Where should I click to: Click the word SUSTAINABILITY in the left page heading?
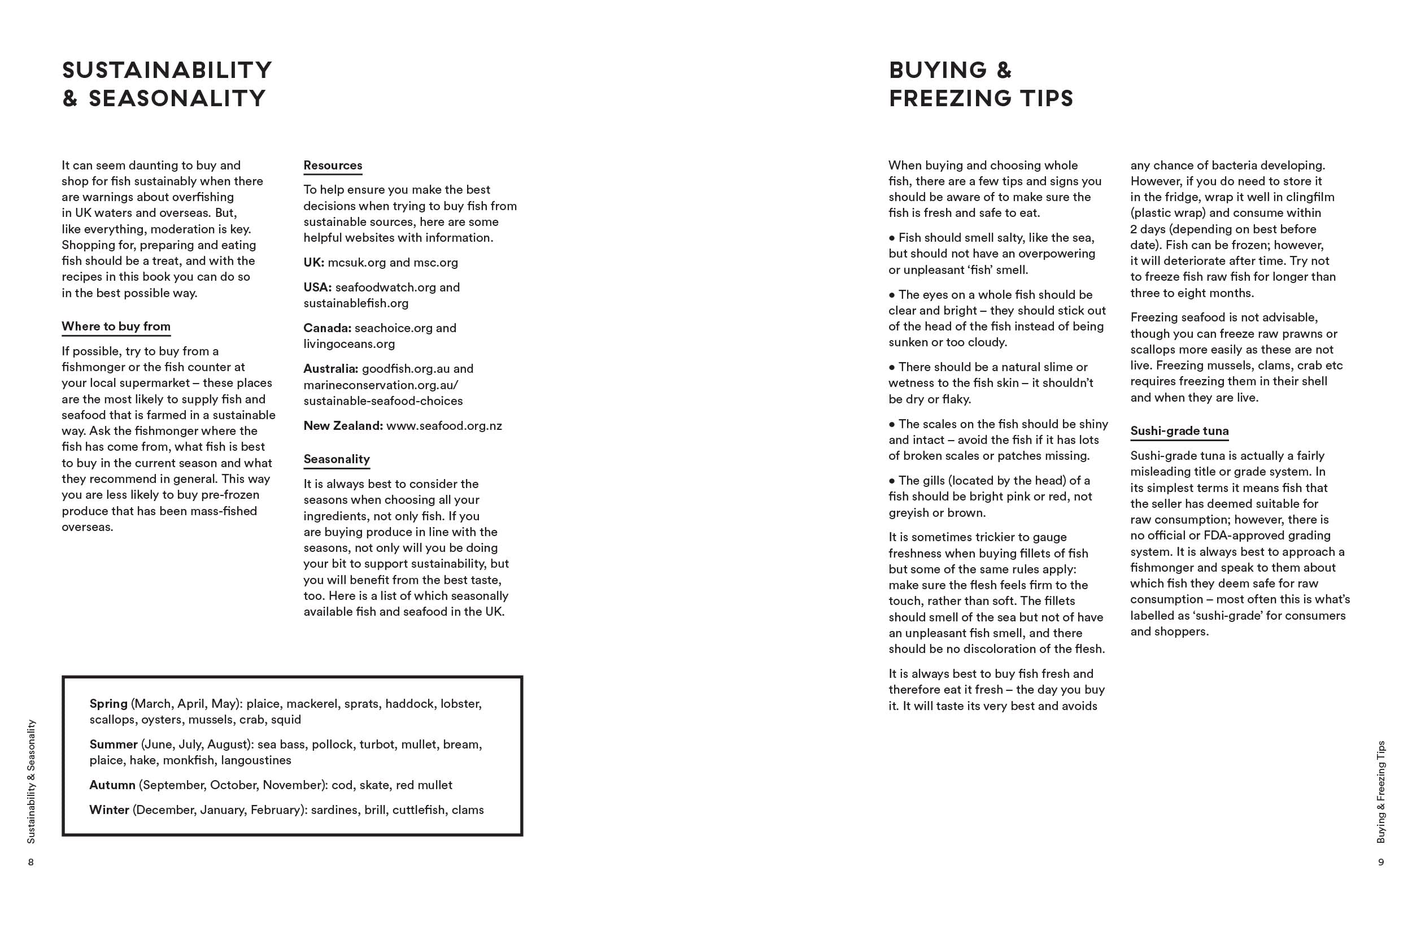167,70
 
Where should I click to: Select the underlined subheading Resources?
332,166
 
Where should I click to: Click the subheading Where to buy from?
116,327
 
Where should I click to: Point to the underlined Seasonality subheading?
337,459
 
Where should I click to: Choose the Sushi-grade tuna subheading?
1179,432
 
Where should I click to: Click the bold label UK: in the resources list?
313,262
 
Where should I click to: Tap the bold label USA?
317,287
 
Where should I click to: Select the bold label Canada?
327,328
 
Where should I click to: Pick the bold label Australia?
330,368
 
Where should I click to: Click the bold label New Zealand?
343,426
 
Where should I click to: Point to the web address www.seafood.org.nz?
444,426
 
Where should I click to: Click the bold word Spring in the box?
108,704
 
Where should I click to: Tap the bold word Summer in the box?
114,745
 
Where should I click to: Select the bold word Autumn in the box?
112,785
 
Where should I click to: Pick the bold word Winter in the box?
109,810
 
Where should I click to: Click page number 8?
31,862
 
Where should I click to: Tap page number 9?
1380,862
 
